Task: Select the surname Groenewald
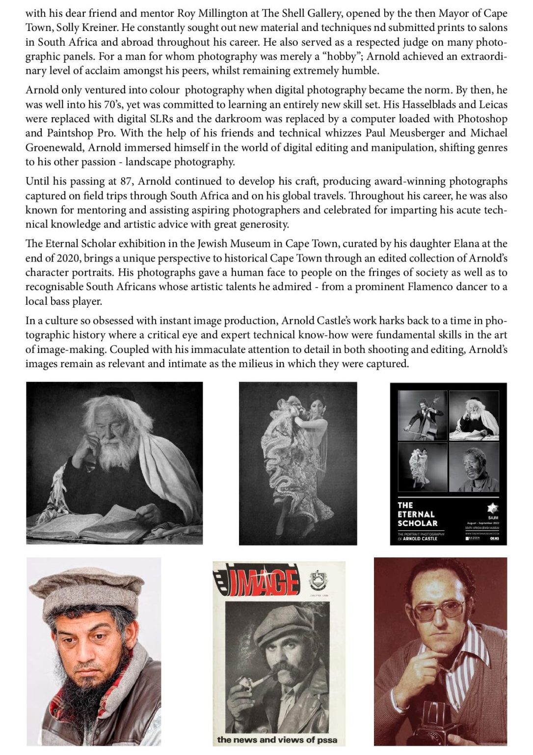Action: (x=55, y=147)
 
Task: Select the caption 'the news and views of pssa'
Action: (x=277, y=740)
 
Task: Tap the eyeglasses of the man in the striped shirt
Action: (x=439, y=609)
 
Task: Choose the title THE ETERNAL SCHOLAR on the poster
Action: (x=417, y=514)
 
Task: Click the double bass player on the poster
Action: (x=423, y=415)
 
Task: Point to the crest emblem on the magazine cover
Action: (x=318, y=581)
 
